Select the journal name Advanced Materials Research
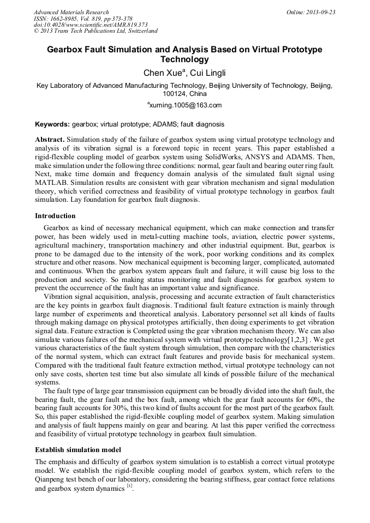[x=71, y=12]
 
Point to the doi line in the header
[x=91, y=25]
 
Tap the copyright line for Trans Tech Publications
[x=96, y=31]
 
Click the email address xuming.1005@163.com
[x=186, y=105]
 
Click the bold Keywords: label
[x=52, y=124]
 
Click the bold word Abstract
[x=50, y=140]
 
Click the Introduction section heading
[x=55, y=216]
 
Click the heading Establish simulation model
[x=77, y=449]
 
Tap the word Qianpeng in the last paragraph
[x=52, y=480]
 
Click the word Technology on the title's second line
[x=184, y=59]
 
